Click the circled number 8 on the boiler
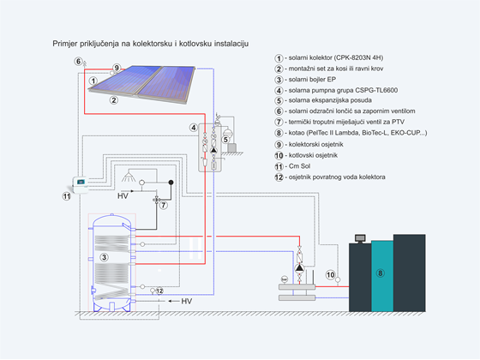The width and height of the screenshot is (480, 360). tap(380, 273)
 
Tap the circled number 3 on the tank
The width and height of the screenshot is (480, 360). tap(104, 257)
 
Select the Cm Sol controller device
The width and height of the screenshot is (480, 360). tap(81, 185)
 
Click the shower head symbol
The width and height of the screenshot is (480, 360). tap(129, 177)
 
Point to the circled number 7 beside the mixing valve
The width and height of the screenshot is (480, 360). tap(164, 205)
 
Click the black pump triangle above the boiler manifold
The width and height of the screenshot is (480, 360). tap(299, 268)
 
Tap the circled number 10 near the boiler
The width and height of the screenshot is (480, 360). tap(330, 274)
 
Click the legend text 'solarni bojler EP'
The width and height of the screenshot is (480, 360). tap(312, 79)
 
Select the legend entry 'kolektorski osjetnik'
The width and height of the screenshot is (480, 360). tap(316, 144)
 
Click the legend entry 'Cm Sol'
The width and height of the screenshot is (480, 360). tap(299, 166)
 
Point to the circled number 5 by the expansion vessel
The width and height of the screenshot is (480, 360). tap(225, 140)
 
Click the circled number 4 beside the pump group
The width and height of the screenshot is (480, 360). tap(193, 128)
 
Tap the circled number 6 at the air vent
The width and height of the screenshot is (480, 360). tap(78, 61)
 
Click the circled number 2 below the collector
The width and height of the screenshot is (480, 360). tap(114, 99)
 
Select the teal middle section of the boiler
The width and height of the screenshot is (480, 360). tap(382, 276)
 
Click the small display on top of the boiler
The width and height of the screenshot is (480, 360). tap(360, 238)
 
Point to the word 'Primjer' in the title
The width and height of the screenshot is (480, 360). tap(64, 44)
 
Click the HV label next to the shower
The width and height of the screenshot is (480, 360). tap(123, 196)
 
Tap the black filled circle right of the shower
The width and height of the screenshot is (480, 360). tap(171, 183)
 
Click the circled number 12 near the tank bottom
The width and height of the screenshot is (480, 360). tap(159, 291)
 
